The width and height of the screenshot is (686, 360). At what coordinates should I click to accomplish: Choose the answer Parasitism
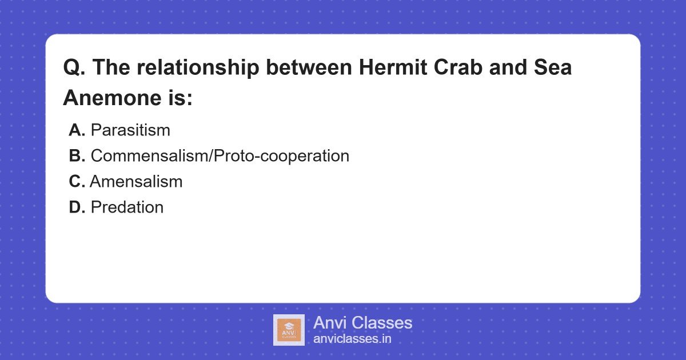(130, 130)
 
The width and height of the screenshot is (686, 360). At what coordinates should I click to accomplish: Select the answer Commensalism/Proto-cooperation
(220, 156)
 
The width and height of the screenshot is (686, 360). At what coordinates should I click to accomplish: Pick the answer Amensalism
(136, 182)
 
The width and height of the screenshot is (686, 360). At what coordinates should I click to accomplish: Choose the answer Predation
(127, 207)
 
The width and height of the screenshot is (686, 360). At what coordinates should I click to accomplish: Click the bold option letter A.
(77, 130)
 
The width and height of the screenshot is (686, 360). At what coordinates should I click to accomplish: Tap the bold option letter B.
(77, 156)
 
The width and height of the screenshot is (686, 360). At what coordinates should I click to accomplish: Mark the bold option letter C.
(77, 182)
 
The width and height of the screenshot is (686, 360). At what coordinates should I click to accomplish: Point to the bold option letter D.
(77, 207)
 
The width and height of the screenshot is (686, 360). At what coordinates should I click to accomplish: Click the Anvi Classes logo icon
(289, 330)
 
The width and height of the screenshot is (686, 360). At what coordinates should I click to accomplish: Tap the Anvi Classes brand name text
(362, 323)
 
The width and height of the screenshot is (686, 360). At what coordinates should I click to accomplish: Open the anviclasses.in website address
(352, 339)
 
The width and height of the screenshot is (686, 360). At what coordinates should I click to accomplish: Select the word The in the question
(111, 68)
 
